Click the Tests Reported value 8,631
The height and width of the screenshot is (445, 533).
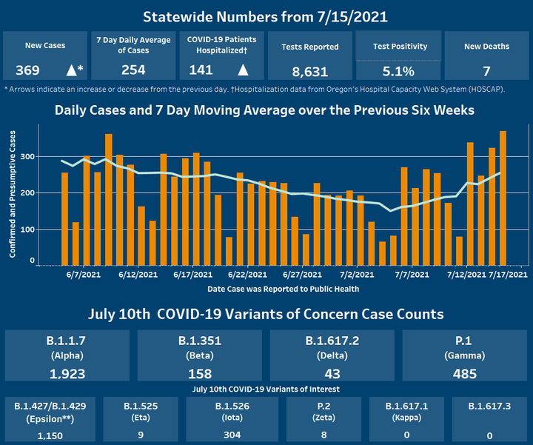coord(309,72)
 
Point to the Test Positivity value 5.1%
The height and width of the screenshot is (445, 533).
coord(399,72)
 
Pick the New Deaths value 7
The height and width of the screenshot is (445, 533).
coord(486,70)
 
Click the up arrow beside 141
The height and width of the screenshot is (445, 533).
coord(242,70)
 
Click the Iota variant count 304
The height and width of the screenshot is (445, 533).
coord(232,435)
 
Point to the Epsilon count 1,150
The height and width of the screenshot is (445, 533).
coord(51,435)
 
